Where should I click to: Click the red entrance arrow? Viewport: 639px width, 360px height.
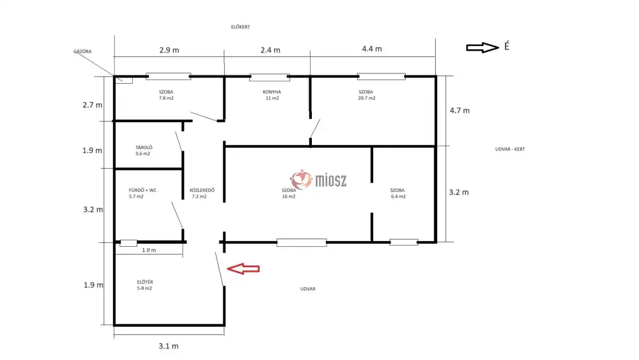pos(243,269)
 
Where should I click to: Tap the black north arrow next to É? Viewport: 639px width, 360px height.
pos(482,48)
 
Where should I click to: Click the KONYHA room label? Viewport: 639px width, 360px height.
pos(272,92)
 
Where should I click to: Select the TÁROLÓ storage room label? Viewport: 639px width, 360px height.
pos(144,148)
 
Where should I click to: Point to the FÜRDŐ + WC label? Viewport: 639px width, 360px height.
pos(142,191)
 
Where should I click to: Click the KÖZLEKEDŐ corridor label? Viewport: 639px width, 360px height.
pos(202,191)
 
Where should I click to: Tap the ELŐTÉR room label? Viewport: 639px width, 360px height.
pos(145,282)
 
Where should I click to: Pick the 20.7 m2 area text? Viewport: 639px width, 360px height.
pos(367,98)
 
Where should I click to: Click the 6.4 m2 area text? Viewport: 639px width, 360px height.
pos(398,196)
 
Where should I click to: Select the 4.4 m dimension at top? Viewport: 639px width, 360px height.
pos(372,49)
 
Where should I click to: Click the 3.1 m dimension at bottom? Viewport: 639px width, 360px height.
pos(168,346)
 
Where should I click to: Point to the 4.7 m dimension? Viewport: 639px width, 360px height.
pos(459,111)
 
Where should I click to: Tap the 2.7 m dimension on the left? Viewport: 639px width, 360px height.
pos(93,106)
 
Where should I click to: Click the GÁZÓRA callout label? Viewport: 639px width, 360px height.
pos(82,51)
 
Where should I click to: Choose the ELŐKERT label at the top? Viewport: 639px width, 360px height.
pos(240,27)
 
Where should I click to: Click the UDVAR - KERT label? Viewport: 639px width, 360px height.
pos(510,149)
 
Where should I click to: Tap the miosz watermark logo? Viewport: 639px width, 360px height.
pos(318,180)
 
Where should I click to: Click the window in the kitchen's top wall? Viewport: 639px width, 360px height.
pos(270,77)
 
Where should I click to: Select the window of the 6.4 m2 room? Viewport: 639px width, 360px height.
pos(403,242)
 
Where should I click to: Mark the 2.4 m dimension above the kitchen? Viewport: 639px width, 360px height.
pos(270,50)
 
